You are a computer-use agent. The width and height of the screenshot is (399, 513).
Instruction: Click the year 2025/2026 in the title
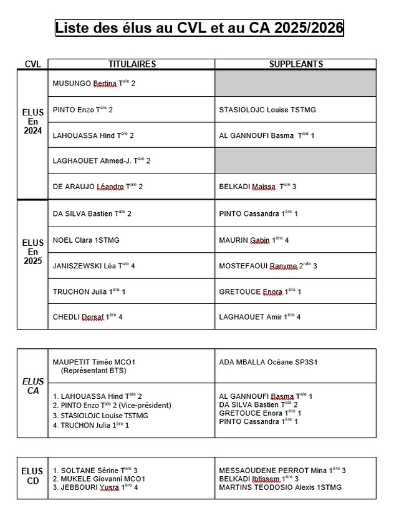(x=308, y=28)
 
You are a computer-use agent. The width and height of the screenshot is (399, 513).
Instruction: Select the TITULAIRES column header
(x=132, y=64)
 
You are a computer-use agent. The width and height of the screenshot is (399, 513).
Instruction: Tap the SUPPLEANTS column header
(x=296, y=64)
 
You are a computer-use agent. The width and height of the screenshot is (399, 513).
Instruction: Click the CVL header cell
(x=32, y=64)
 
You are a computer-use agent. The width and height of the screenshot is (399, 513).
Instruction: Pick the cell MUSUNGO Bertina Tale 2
(x=94, y=83)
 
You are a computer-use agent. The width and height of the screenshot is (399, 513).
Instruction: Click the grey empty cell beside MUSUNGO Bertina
(x=296, y=83)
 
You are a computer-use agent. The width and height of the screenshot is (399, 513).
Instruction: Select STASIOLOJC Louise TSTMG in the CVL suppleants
(x=267, y=110)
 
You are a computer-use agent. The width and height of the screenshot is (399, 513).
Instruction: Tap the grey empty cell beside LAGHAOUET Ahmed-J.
(x=296, y=160)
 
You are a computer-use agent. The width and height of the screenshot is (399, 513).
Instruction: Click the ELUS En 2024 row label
(x=32, y=122)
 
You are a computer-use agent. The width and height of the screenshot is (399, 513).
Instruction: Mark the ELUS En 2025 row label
(x=32, y=252)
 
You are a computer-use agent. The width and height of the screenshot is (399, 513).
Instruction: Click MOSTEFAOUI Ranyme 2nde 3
(x=268, y=265)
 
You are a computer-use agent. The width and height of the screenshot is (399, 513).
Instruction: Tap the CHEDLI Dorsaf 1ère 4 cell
(x=88, y=316)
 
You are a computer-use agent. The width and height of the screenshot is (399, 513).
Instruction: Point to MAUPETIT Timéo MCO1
(x=94, y=361)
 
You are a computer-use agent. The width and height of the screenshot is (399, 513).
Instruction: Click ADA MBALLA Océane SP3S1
(x=268, y=361)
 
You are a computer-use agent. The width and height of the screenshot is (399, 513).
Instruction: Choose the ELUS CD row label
(x=32, y=476)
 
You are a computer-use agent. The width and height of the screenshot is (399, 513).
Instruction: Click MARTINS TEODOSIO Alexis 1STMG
(x=280, y=487)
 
